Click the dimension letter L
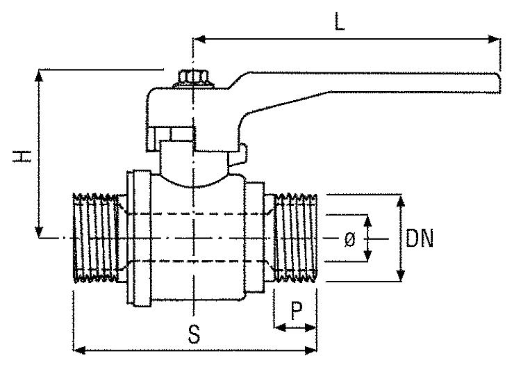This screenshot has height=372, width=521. click(338, 21)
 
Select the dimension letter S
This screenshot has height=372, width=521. click(195, 335)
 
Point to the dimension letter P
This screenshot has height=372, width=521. click(296, 311)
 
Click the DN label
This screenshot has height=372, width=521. click(420, 240)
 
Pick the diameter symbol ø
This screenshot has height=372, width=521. click(349, 240)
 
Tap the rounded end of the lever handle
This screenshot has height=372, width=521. click(495, 83)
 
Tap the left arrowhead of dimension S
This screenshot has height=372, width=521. click(78, 349)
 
